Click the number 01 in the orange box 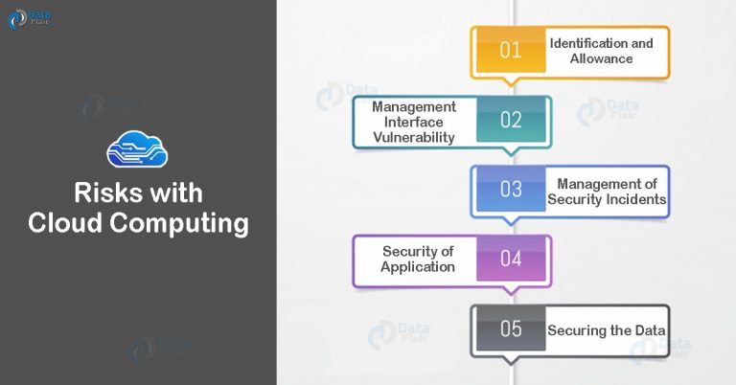click(x=511, y=50)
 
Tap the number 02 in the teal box click(x=511, y=120)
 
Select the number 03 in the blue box click(x=511, y=189)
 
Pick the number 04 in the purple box click(x=511, y=259)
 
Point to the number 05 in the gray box click(x=511, y=328)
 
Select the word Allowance click(x=601, y=58)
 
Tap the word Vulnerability click(x=414, y=137)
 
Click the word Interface click(x=414, y=122)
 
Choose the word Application click(x=418, y=267)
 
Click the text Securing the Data click(x=607, y=330)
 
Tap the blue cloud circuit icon click(x=137, y=149)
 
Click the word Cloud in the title click(x=65, y=222)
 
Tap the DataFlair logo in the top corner click(x=29, y=19)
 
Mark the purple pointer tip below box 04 click(x=511, y=294)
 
